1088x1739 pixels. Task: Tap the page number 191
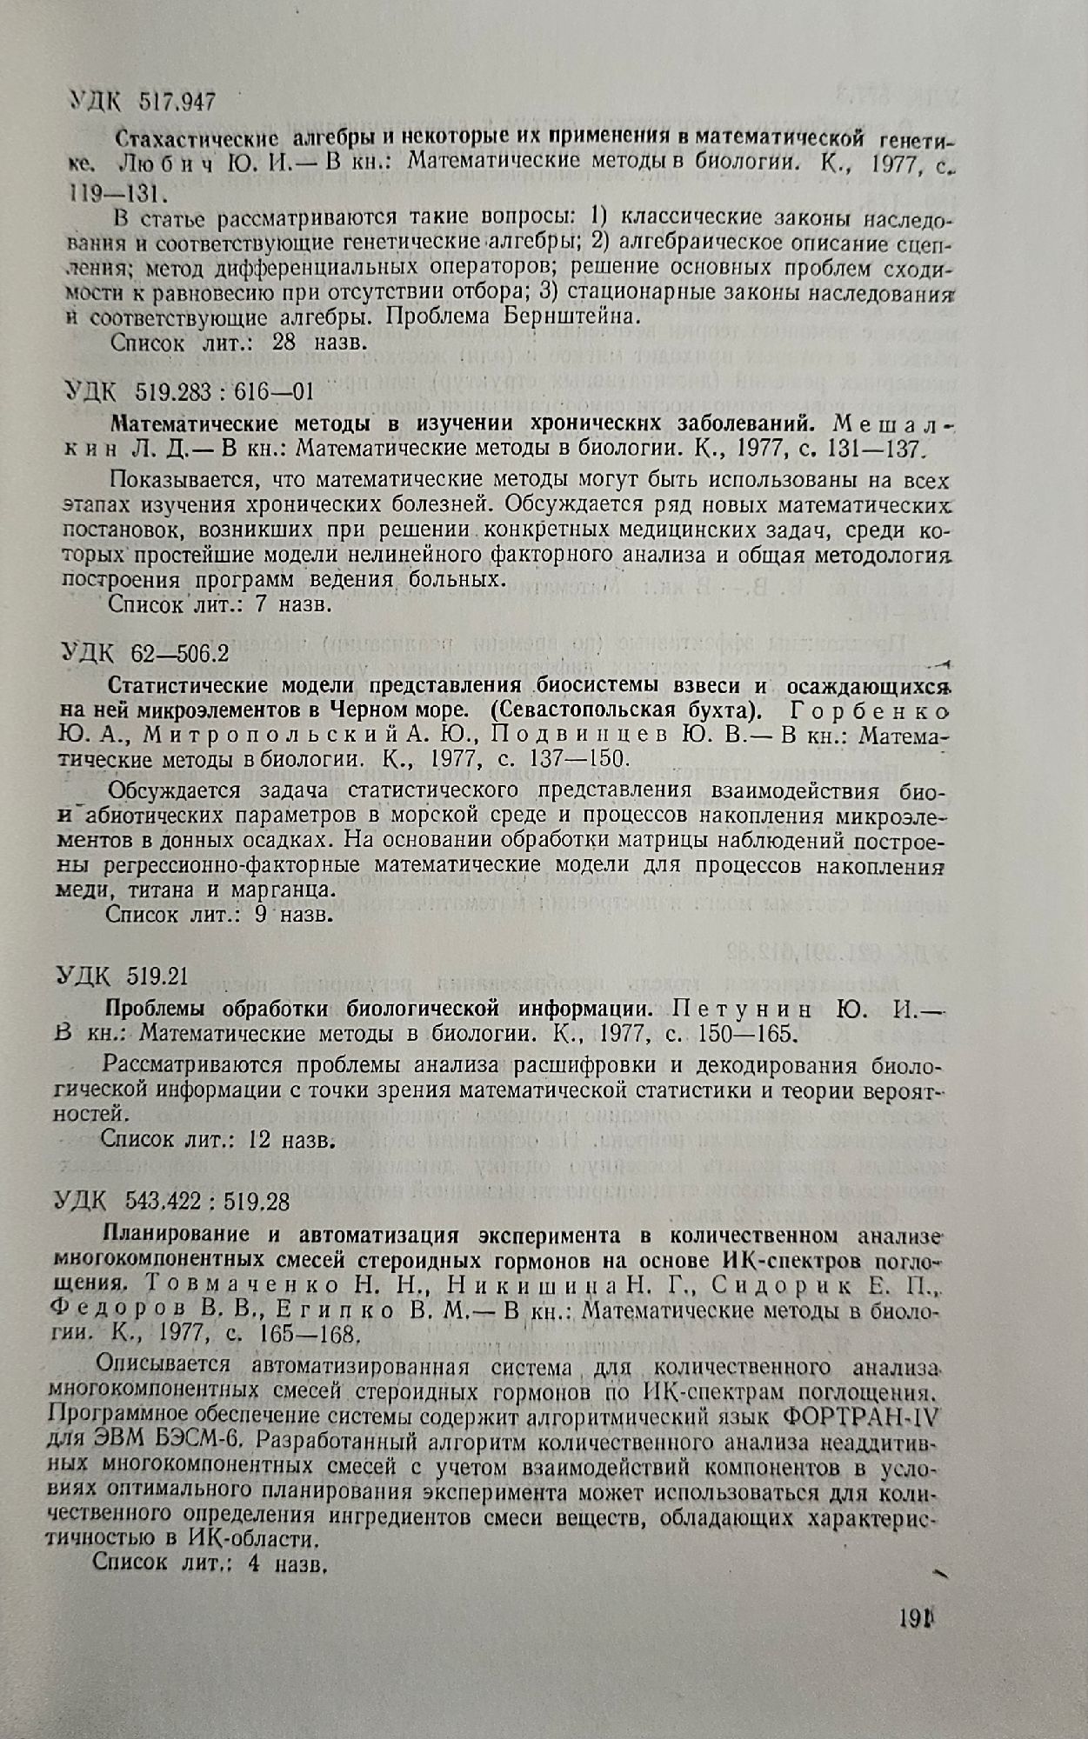[911, 1621]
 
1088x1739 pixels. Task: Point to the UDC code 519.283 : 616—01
[219, 390]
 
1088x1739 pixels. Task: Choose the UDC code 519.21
[158, 976]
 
